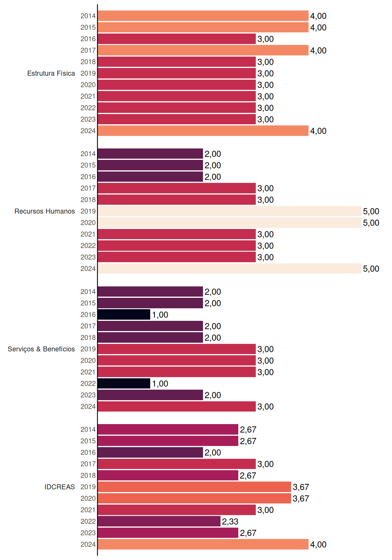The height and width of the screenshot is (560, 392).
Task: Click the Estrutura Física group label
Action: pos(51,73)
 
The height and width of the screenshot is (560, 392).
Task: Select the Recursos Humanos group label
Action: pos(45,211)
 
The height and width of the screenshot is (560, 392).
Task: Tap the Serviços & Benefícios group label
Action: pos(41,349)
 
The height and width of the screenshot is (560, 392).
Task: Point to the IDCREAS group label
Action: pos(60,487)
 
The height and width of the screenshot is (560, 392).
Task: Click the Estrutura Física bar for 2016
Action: pos(177,39)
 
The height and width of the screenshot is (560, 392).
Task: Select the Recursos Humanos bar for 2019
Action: pos(230,211)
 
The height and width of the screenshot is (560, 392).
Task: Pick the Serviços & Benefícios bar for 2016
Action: pos(124,314)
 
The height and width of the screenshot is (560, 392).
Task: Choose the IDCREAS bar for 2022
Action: pos(159,521)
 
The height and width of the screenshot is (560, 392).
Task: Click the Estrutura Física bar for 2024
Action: pos(203,131)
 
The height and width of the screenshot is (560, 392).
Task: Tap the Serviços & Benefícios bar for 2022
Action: pos(124,384)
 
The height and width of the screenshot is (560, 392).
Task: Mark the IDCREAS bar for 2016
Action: pos(150,452)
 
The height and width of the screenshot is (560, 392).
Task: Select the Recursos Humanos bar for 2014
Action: pos(150,154)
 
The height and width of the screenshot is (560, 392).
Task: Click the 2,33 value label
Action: pos(230,521)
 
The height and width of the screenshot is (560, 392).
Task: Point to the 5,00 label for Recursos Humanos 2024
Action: pos(371,269)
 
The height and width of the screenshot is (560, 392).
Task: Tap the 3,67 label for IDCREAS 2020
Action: pos(301,498)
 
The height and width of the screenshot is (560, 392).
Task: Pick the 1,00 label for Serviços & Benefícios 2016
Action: pos(160,315)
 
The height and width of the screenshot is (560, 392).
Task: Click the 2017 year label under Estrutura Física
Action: pos(88,50)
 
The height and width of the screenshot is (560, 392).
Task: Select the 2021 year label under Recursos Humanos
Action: pos(88,234)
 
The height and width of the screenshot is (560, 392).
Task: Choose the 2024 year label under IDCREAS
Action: pos(88,544)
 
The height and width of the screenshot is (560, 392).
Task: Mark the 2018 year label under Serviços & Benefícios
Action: pos(88,337)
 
